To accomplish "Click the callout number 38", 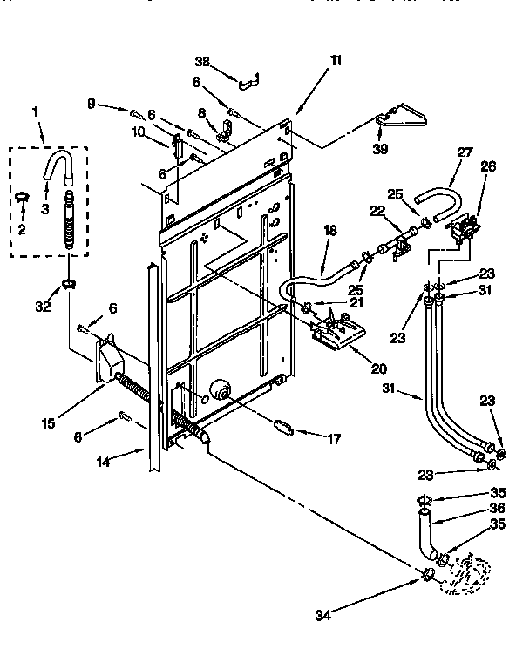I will click(x=202, y=63).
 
